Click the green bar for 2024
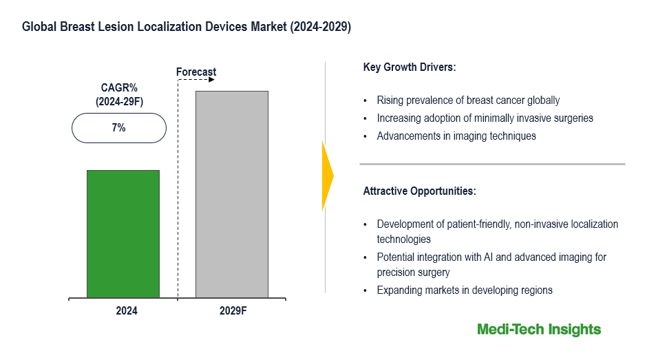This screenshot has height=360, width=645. point(123,233)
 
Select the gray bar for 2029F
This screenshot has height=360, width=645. point(232,194)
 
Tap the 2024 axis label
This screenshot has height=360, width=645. point(126,311)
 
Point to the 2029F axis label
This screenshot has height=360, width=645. point(233,311)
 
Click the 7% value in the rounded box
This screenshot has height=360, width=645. point(119,128)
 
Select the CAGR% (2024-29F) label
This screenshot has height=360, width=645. point(119,95)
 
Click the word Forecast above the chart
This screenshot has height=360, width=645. point(196,72)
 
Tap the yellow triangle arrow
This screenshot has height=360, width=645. point(327,176)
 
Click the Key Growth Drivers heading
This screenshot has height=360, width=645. point(410,67)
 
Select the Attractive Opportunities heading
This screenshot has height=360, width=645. point(419,191)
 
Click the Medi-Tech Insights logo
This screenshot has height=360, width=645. point(539,330)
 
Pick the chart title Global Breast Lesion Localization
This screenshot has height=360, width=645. point(186,28)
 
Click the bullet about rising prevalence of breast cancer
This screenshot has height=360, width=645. point(468,100)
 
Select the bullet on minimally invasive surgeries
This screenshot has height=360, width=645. point(485,118)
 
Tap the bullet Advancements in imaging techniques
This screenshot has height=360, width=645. point(456,136)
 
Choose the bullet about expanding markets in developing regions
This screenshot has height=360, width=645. point(464,290)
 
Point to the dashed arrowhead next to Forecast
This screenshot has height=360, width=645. point(211,81)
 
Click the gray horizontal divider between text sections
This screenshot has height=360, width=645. point(492,164)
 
